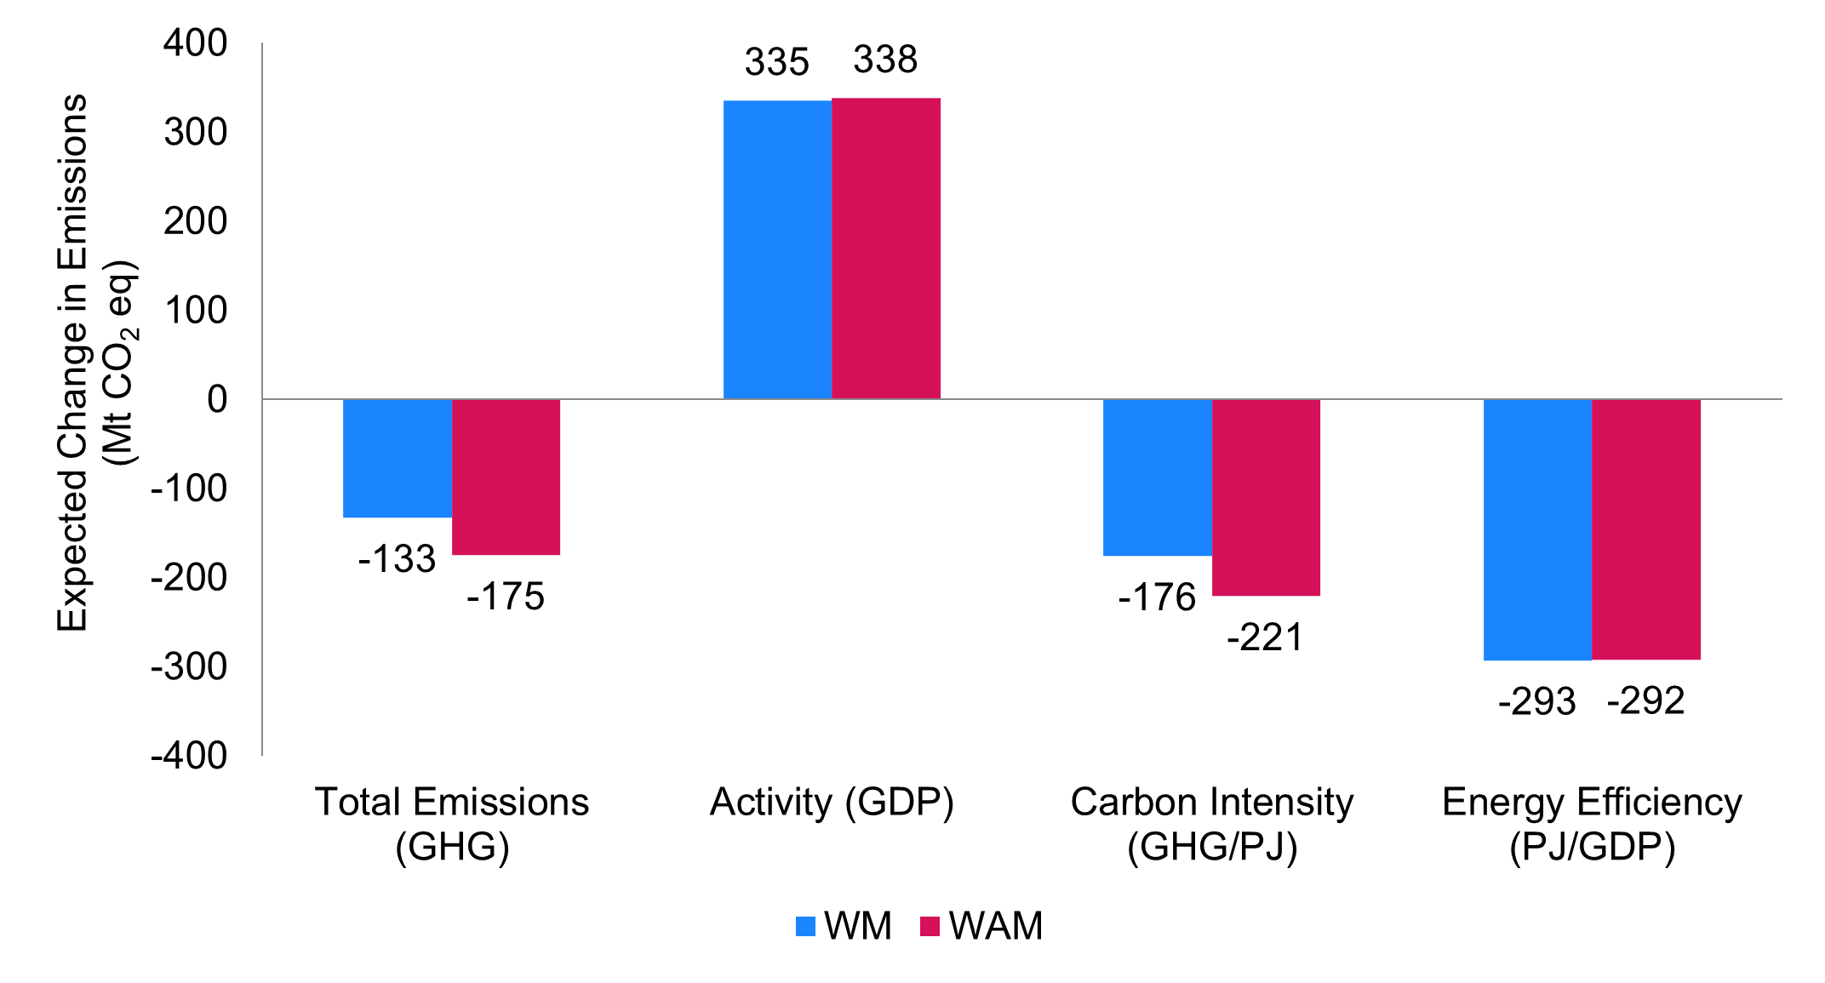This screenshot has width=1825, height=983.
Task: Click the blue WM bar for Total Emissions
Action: pyautogui.click(x=398, y=458)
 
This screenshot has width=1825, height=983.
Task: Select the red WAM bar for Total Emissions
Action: pyautogui.click(x=506, y=477)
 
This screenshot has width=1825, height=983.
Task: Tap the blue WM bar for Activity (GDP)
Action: pyautogui.click(x=777, y=249)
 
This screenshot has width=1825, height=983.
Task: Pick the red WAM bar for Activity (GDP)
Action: pyautogui.click(x=886, y=249)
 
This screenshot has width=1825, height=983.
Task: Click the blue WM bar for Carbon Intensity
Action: pyautogui.click(x=1157, y=477)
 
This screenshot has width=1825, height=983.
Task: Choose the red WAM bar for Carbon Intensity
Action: pyautogui.click(x=1266, y=497)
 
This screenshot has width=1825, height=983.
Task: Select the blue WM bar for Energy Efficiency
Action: pyautogui.click(x=1537, y=529)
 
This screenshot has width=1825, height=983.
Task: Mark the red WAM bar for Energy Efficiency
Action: pyautogui.click(x=1646, y=529)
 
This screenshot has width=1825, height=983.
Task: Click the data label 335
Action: pyautogui.click(x=776, y=62)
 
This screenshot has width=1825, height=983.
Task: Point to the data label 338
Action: pyautogui.click(x=885, y=60)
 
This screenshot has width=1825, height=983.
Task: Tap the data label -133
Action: pyautogui.click(x=397, y=559)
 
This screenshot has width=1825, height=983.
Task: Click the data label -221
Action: pyautogui.click(x=1265, y=637)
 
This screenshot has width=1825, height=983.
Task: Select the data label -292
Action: pyautogui.click(x=1645, y=701)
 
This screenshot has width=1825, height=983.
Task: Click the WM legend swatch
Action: pyautogui.click(x=805, y=926)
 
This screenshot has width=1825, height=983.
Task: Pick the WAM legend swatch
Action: pyautogui.click(x=930, y=926)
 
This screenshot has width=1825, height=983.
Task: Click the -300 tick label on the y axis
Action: pyautogui.click(x=189, y=666)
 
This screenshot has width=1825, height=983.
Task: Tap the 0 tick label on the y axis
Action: pyautogui.click(x=217, y=399)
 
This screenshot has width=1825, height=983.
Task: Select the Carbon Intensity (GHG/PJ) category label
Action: pyautogui.click(x=1211, y=824)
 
